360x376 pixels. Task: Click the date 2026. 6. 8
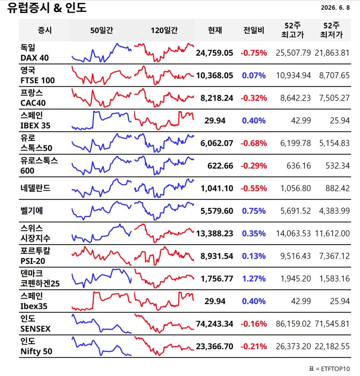point(335,8)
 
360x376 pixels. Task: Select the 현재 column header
point(215,30)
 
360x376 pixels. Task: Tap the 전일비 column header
point(254,30)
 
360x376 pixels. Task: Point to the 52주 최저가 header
point(331,30)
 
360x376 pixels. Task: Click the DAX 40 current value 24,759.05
point(215,53)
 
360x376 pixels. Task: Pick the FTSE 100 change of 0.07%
point(254,75)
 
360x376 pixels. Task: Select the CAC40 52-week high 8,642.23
point(295,98)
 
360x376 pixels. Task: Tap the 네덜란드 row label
point(36,188)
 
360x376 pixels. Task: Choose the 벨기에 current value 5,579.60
point(217,211)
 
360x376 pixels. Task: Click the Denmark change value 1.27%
point(254,279)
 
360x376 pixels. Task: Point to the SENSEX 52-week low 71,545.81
point(332,324)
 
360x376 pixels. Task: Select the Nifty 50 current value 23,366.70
point(215,346)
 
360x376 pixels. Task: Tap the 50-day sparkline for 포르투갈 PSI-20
point(101,256)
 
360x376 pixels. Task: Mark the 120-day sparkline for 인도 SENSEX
point(164,323)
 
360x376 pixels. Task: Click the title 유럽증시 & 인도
point(47,8)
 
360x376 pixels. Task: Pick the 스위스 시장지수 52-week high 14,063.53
point(293,233)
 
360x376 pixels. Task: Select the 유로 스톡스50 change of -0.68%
point(254,143)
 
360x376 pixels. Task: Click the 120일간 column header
point(164,30)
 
